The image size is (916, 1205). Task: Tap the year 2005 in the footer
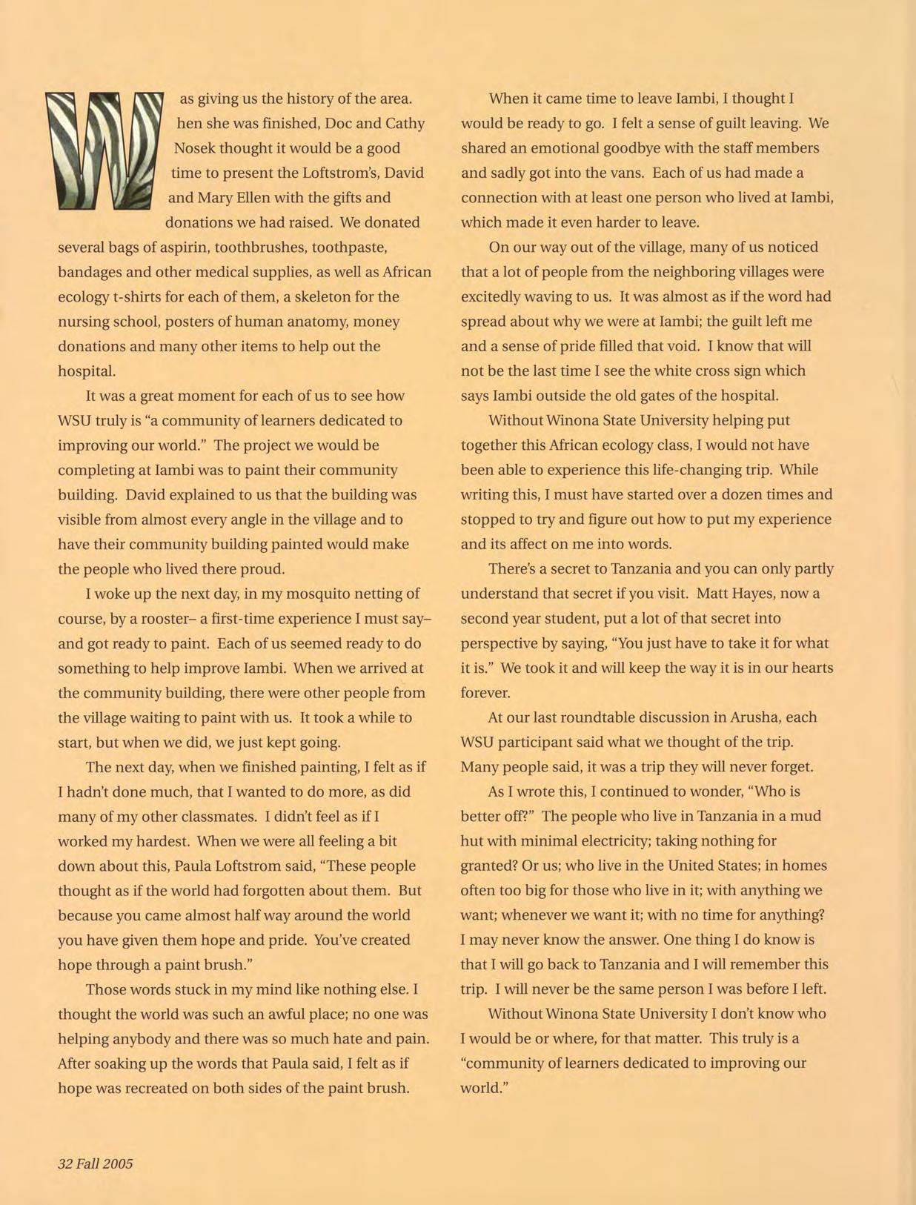[x=118, y=1163]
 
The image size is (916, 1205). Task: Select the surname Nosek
[x=194, y=148]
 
